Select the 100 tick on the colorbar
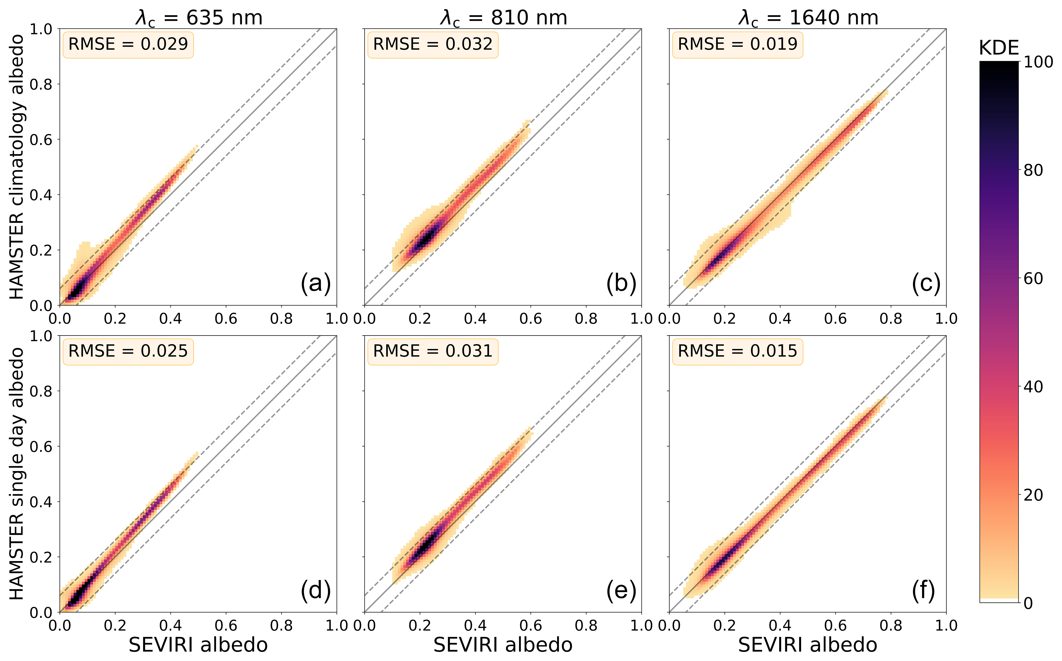(x=1038, y=62)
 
